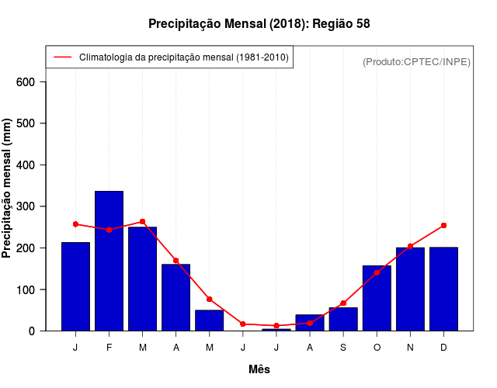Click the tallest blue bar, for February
click(109, 261)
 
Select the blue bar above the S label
click(343, 319)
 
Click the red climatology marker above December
click(443, 225)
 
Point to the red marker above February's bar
click(109, 230)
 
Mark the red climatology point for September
click(343, 303)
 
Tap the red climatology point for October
click(377, 272)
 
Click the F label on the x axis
click(109, 348)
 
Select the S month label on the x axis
click(343, 348)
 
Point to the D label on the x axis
click(443, 348)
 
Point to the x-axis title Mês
click(259, 369)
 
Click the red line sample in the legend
click(62, 57)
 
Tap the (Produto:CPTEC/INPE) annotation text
click(416, 61)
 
